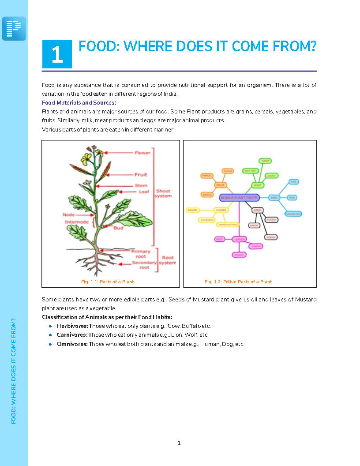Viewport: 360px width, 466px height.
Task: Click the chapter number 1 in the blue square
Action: [57, 54]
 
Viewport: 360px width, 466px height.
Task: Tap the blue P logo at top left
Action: [14, 29]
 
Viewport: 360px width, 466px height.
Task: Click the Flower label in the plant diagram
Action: [142, 153]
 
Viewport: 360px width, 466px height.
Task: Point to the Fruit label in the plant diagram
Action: [141, 175]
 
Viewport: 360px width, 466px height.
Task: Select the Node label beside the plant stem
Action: [68, 214]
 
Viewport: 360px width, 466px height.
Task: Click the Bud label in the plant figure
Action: [118, 228]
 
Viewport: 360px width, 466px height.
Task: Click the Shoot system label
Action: [163, 193]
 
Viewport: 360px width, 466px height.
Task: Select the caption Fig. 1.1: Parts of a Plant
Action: [107, 282]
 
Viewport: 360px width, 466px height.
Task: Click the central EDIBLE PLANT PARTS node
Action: [239, 198]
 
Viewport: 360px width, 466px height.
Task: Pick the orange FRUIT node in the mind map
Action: [221, 185]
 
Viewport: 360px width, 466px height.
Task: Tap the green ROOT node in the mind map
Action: [257, 185]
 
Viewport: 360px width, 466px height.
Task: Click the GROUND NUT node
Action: [293, 214]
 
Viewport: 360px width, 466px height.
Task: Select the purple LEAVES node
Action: [239, 239]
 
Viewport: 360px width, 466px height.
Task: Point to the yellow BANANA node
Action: [193, 210]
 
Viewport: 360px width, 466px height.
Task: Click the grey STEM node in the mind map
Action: [258, 210]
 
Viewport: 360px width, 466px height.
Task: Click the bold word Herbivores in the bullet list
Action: [72, 326]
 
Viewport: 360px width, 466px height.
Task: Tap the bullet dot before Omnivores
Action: [51, 344]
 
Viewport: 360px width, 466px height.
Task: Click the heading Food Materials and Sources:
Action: [79, 103]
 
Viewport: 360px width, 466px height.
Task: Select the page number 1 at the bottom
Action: [179, 443]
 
